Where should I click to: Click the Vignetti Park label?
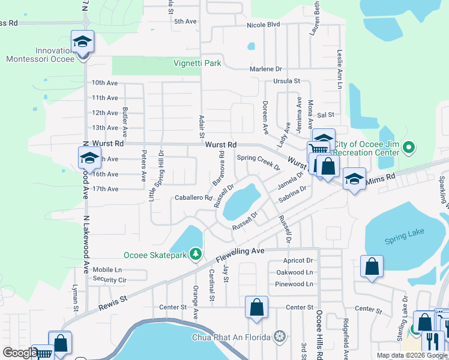point(197,63)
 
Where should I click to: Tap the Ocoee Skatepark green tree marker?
point(195,255)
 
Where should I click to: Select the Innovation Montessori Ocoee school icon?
point(83,42)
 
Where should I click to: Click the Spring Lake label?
point(404,241)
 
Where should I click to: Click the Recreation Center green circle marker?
point(409,147)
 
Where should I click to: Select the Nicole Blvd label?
point(264,25)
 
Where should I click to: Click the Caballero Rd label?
point(193,197)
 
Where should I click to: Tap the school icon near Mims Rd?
point(354,178)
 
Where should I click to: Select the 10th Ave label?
point(104,83)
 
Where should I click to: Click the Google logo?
point(20,353)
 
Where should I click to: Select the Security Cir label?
point(109,280)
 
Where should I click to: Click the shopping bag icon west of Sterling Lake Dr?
point(372,266)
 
